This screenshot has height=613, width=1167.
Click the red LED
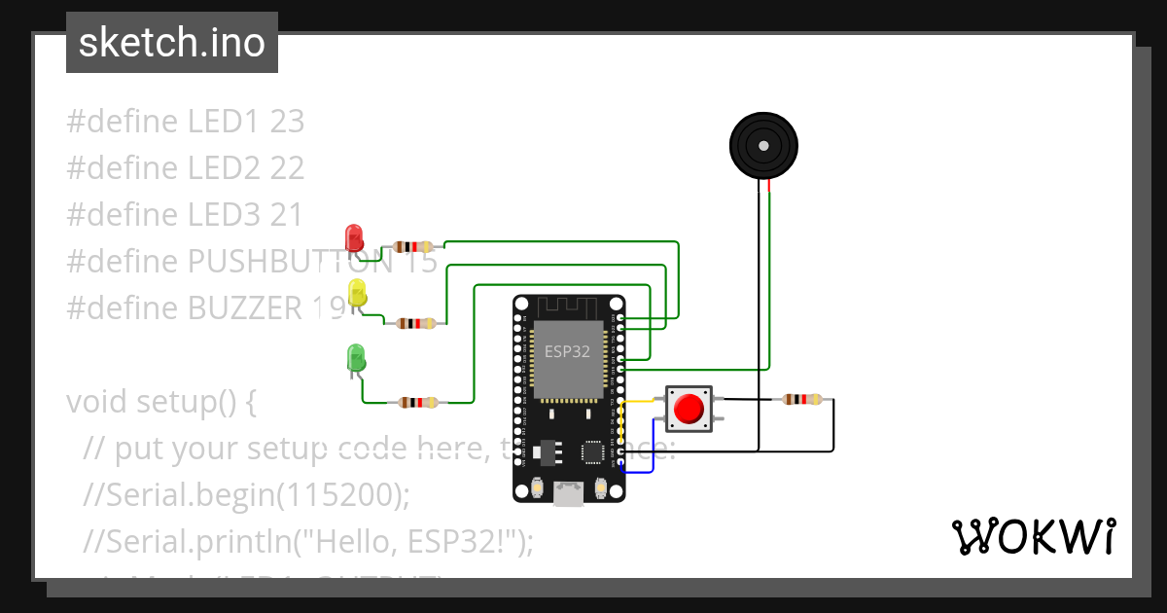(354, 237)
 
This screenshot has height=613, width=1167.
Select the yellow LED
(357, 293)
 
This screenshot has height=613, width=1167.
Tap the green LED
(356, 357)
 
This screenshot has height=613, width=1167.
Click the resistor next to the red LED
(413, 247)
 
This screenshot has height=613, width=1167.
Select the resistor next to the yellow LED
(417, 323)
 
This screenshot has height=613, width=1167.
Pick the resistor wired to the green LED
(418, 402)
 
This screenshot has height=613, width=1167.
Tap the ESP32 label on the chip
(567, 351)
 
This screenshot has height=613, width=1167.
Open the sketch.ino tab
(172, 43)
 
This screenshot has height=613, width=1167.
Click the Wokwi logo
(1033, 536)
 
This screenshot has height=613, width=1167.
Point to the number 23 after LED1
(287, 122)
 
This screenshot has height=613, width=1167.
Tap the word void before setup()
(97, 402)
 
